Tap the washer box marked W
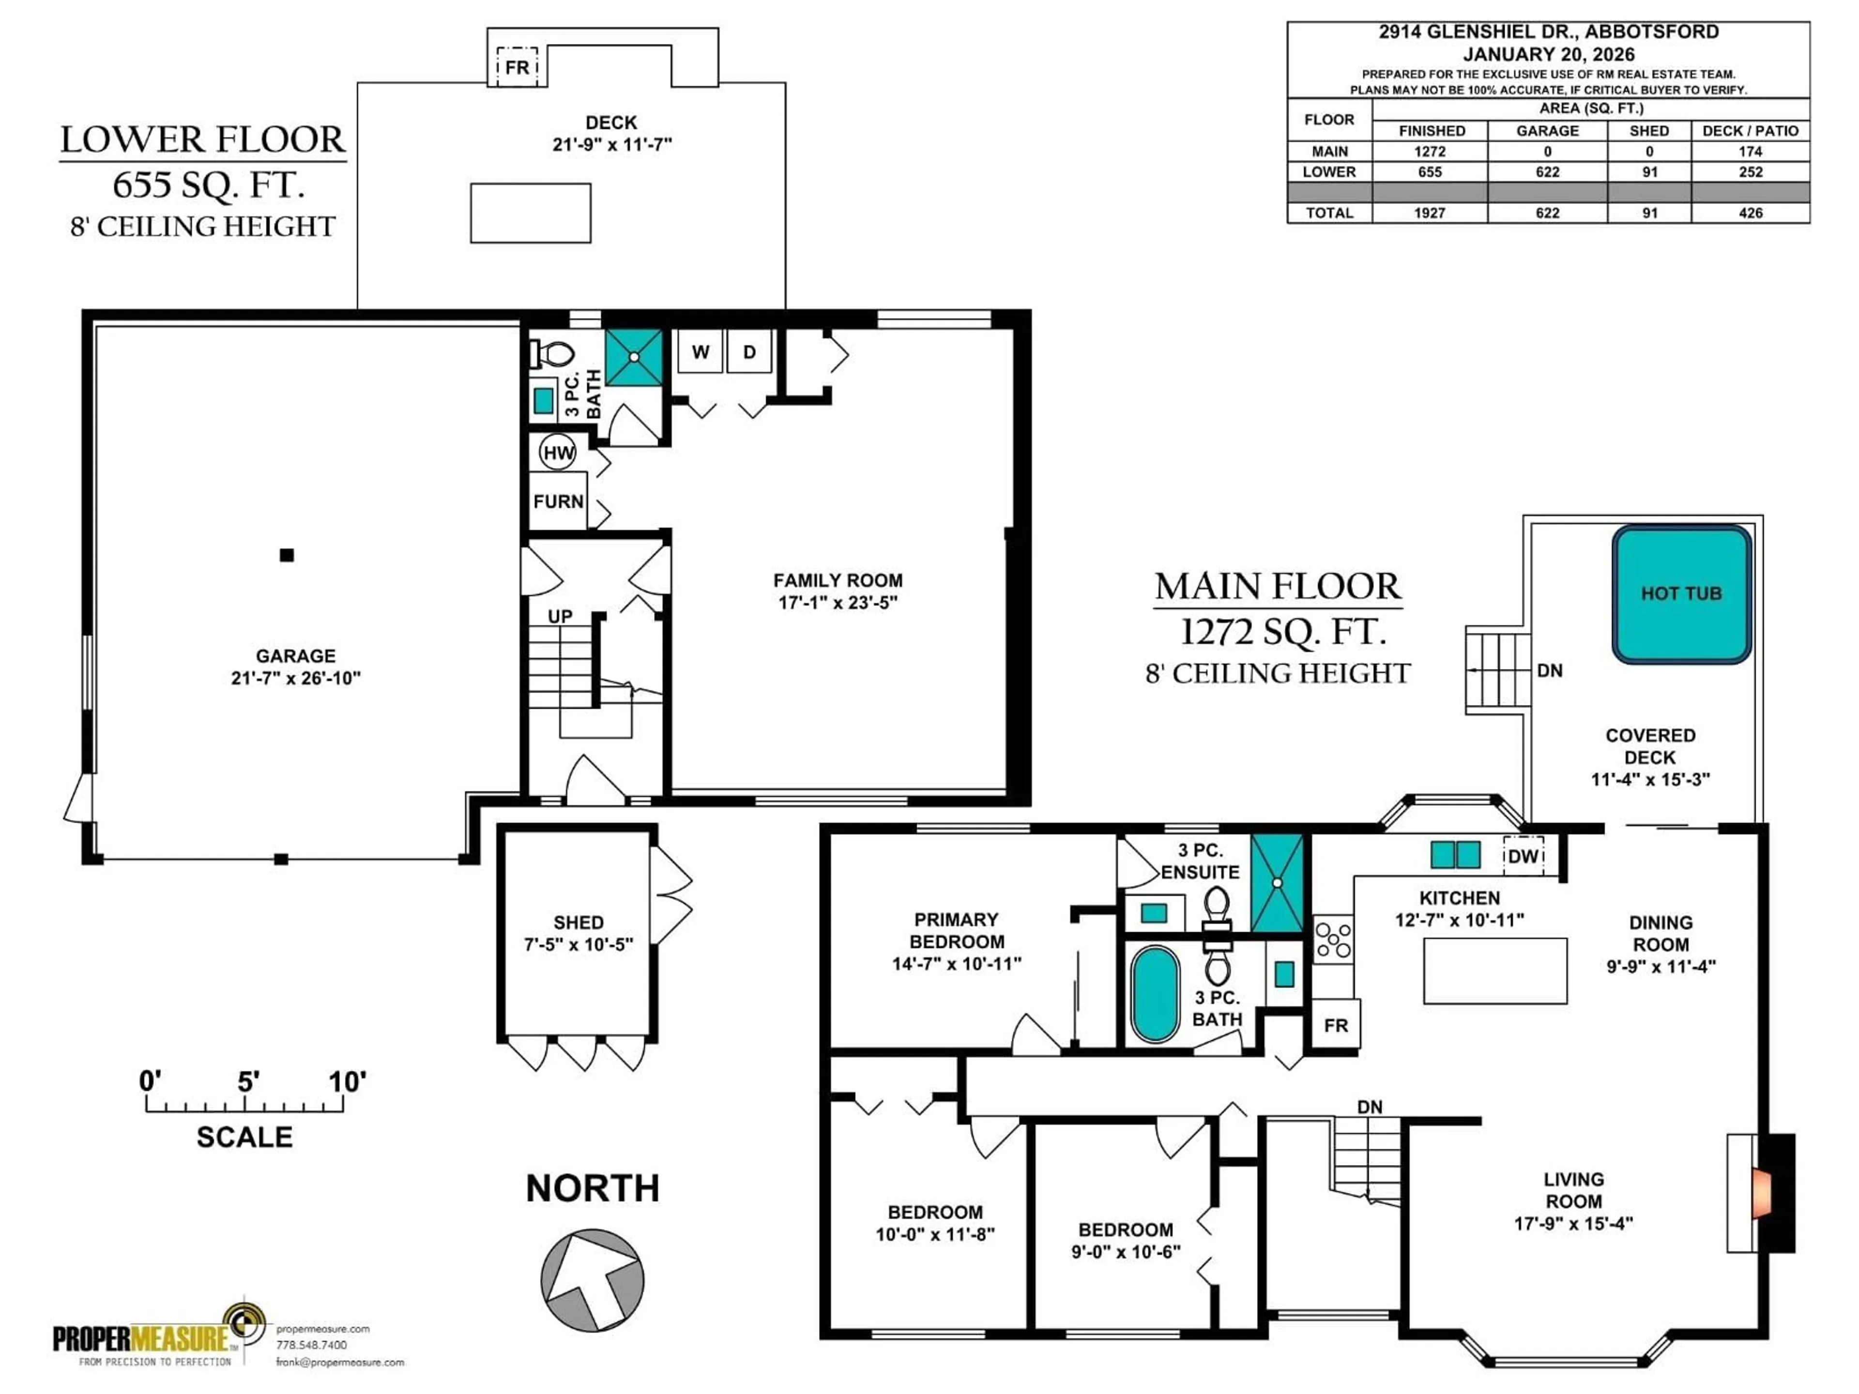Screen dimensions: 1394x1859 click(x=700, y=352)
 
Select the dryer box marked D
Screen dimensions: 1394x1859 click(x=749, y=352)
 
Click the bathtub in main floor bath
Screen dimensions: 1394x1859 click(x=1154, y=995)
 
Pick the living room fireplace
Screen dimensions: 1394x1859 click(x=1765, y=1193)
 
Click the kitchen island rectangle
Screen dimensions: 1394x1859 click(x=1494, y=970)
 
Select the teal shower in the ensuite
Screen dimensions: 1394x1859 click(x=1277, y=883)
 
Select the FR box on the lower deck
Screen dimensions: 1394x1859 click(x=517, y=66)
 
